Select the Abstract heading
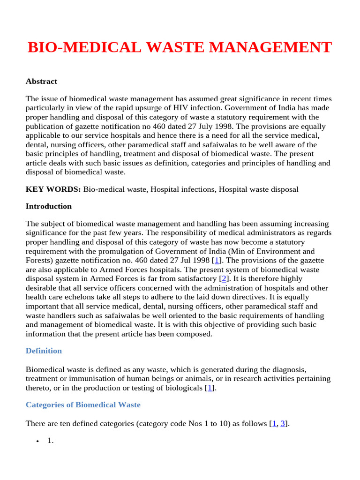point(41,82)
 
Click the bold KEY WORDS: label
point(53,189)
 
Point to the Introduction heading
point(49,206)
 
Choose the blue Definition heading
point(44,351)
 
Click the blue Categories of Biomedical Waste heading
point(83,405)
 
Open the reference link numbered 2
point(224,279)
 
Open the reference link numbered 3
point(283,423)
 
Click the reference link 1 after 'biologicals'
point(210,388)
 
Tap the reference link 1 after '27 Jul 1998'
point(217,261)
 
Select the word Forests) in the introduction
point(39,261)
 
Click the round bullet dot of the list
point(37,442)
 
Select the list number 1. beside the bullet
point(51,441)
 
